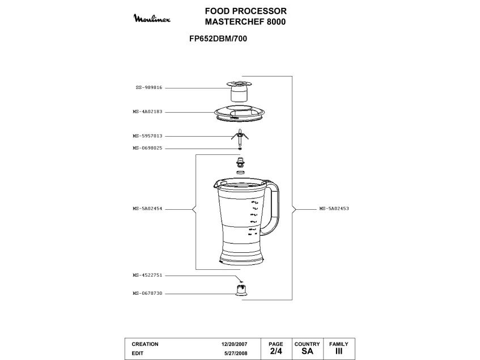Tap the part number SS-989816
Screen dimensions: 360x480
coord(148,88)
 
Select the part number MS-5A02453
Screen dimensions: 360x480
coord(334,209)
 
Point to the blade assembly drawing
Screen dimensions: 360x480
coord(241,136)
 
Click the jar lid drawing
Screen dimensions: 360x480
coord(241,113)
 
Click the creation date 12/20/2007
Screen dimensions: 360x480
coord(235,344)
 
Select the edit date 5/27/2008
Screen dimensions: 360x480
coord(236,353)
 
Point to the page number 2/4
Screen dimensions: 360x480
coord(275,351)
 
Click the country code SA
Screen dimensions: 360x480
coord(307,351)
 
